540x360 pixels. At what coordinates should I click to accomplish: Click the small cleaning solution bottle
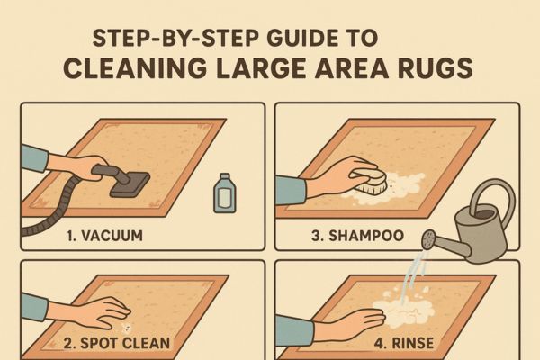tap(224, 193)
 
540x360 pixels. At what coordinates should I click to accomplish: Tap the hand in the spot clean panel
tap(103, 311)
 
